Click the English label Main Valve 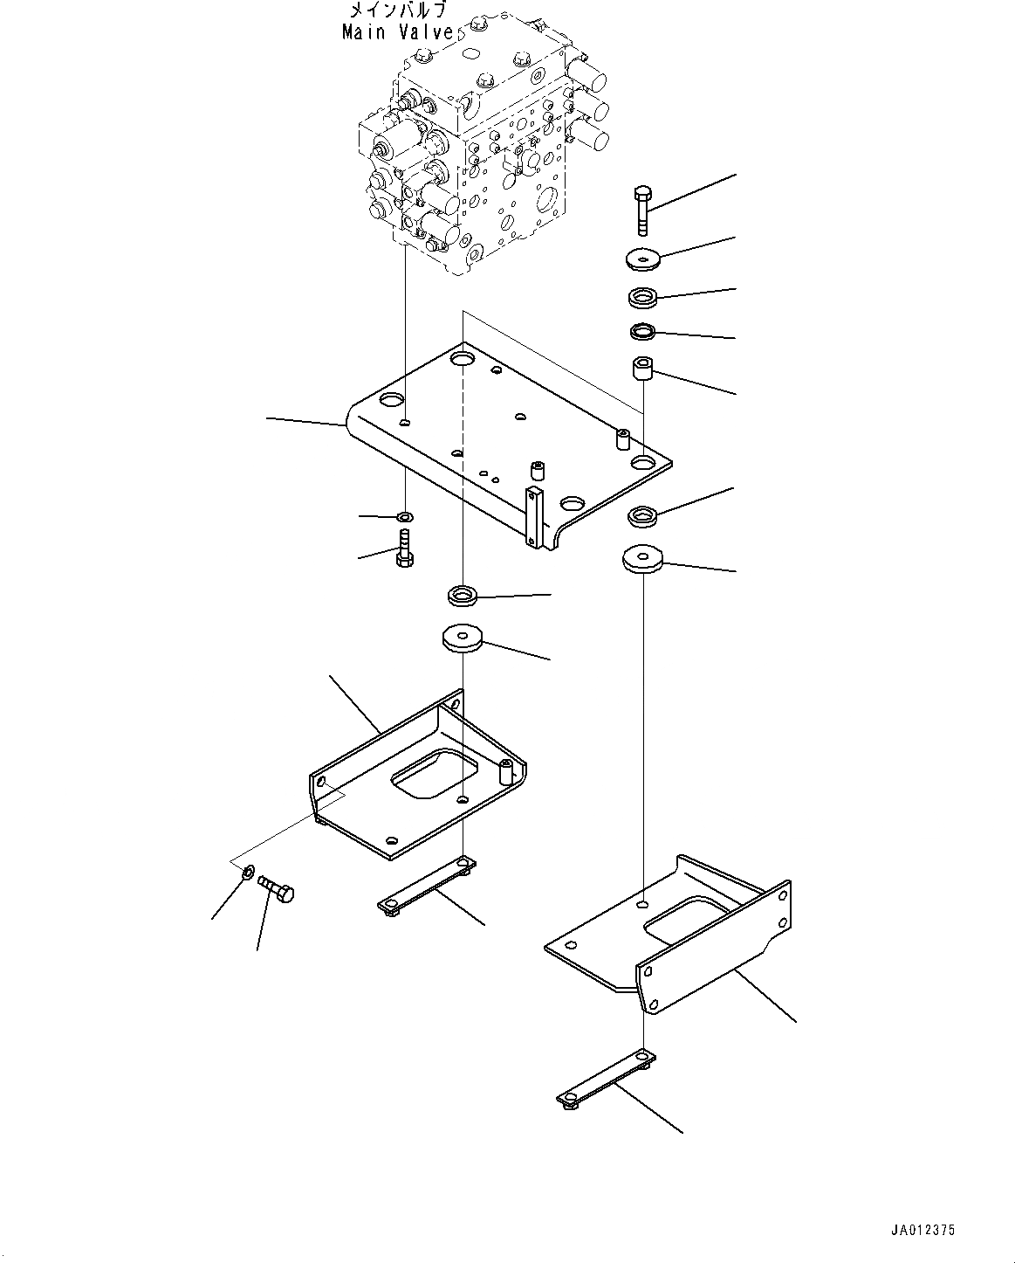[398, 32]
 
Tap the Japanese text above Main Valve [398, 11]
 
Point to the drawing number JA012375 [922, 1230]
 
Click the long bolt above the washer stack [641, 210]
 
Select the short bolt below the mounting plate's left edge [405, 548]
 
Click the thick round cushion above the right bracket [642, 558]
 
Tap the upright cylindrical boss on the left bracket [504, 772]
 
